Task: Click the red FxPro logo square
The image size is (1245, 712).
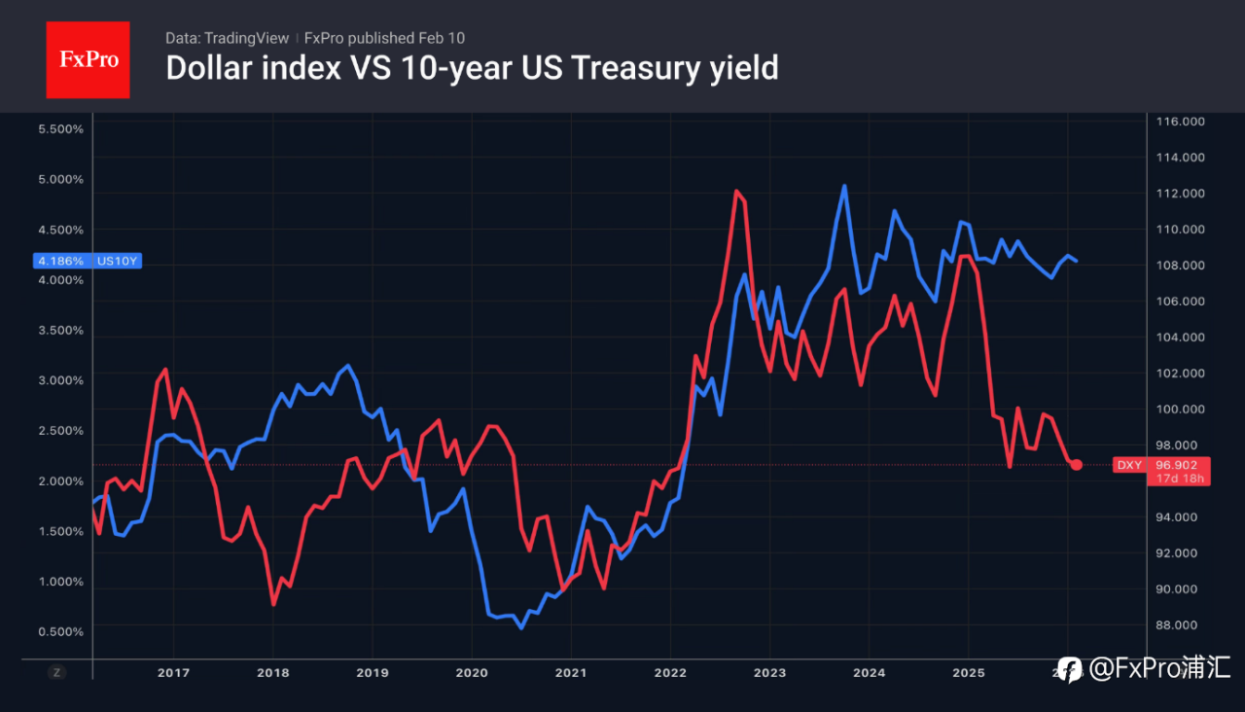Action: [x=88, y=59]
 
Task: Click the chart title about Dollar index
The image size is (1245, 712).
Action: [x=472, y=68]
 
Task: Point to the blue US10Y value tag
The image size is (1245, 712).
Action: [x=89, y=261]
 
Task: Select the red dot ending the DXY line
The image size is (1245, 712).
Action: [x=1076, y=465]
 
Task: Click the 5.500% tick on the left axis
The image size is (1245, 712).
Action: [x=60, y=129]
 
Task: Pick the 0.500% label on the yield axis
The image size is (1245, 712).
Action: [x=60, y=632]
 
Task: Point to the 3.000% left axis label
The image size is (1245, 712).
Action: [x=60, y=380]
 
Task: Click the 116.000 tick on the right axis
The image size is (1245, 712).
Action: [x=1180, y=122]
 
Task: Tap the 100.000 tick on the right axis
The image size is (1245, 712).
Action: [x=1180, y=409]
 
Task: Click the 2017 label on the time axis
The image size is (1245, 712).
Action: [x=173, y=673]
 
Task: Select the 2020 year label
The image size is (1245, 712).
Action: [x=472, y=673]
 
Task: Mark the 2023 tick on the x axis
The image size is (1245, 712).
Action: [x=769, y=673]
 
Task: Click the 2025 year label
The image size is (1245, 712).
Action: [x=968, y=673]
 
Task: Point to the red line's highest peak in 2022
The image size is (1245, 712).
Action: [x=736, y=191]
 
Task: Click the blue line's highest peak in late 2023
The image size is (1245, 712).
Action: [x=844, y=186]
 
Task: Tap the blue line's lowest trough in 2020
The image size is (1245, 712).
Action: [x=521, y=627]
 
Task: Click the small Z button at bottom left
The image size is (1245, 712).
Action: [x=57, y=672]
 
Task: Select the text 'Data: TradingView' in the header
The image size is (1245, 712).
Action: [x=227, y=38]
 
